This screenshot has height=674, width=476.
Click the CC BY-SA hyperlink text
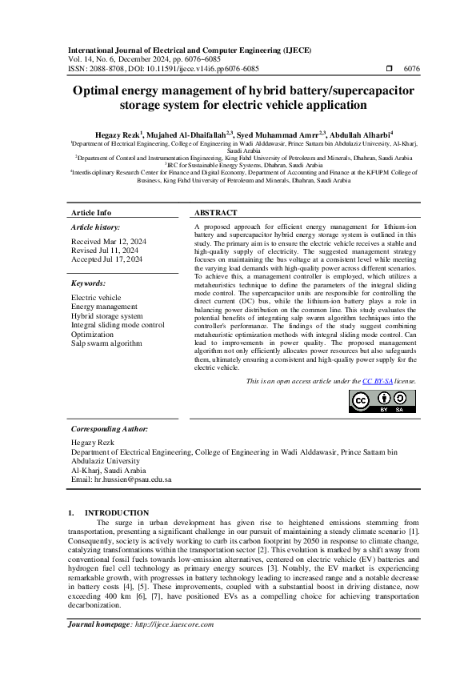point(377,382)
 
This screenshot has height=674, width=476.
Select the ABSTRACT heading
point(216,213)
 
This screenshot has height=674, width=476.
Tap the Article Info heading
point(91,213)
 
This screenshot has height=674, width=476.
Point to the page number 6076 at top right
point(411,70)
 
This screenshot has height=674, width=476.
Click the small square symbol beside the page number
point(390,70)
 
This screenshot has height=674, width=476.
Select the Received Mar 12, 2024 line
point(109,241)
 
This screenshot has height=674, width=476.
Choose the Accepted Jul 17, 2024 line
point(107,259)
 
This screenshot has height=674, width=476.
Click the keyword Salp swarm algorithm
point(106,343)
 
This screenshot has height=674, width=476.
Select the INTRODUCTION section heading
point(116,512)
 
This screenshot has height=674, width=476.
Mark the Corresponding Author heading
point(109,429)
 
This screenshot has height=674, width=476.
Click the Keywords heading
point(88,283)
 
